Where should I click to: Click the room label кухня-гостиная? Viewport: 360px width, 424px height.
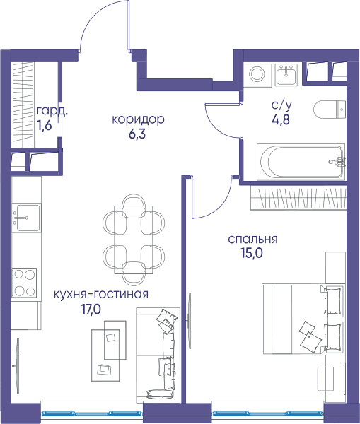coord(101,295)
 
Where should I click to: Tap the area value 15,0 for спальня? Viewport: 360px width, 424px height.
coord(252,254)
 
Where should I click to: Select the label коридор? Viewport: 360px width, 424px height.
coord(138,119)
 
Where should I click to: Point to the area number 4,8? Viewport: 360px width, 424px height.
coord(281,119)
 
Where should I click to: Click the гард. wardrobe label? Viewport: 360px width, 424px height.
coord(52,111)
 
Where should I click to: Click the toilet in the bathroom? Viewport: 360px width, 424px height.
coord(330,110)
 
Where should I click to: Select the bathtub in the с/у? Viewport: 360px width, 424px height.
coord(301,162)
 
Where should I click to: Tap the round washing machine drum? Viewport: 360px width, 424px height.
coord(257,73)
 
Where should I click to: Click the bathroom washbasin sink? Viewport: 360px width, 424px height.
coord(286,74)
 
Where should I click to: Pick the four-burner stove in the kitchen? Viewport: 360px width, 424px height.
coord(24,283)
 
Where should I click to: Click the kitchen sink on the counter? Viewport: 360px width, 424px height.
coord(27,218)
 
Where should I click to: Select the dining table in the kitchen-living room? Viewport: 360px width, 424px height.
coord(134,240)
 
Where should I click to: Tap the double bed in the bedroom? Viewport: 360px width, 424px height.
coord(303,319)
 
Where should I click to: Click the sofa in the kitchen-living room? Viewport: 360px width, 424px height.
coord(158,355)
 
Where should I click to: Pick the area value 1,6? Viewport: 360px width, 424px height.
coord(44,126)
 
